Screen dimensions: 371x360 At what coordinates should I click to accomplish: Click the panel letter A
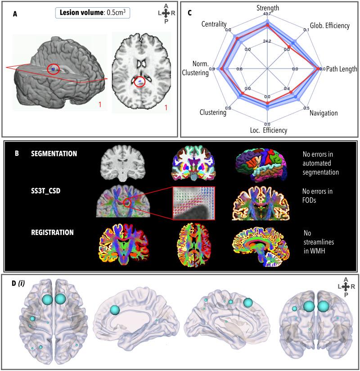15,14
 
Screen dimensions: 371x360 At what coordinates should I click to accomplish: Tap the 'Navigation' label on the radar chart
324,113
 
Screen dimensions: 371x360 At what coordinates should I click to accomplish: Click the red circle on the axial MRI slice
140,82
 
